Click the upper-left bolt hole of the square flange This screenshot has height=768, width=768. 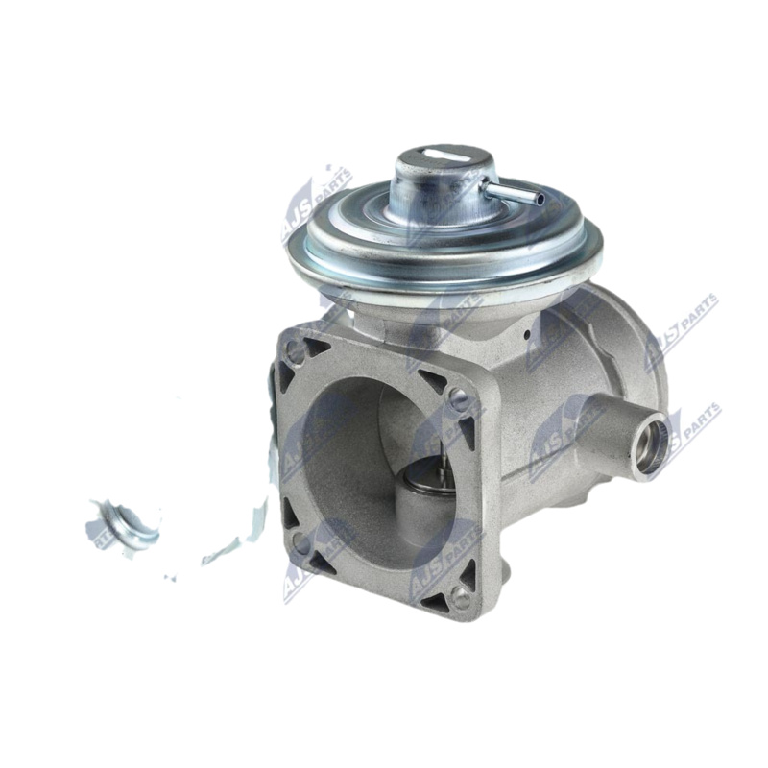295,352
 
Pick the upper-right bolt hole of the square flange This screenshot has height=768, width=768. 460,401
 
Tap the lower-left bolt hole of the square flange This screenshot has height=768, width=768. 300,542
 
